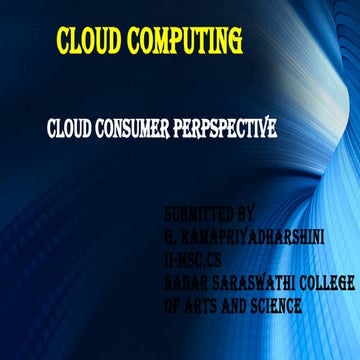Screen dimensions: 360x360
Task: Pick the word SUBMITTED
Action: click(x=198, y=214)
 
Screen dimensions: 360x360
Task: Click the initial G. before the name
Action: click(x=170, y=235)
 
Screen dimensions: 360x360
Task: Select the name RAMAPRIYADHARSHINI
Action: click(x=240, y=235)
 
